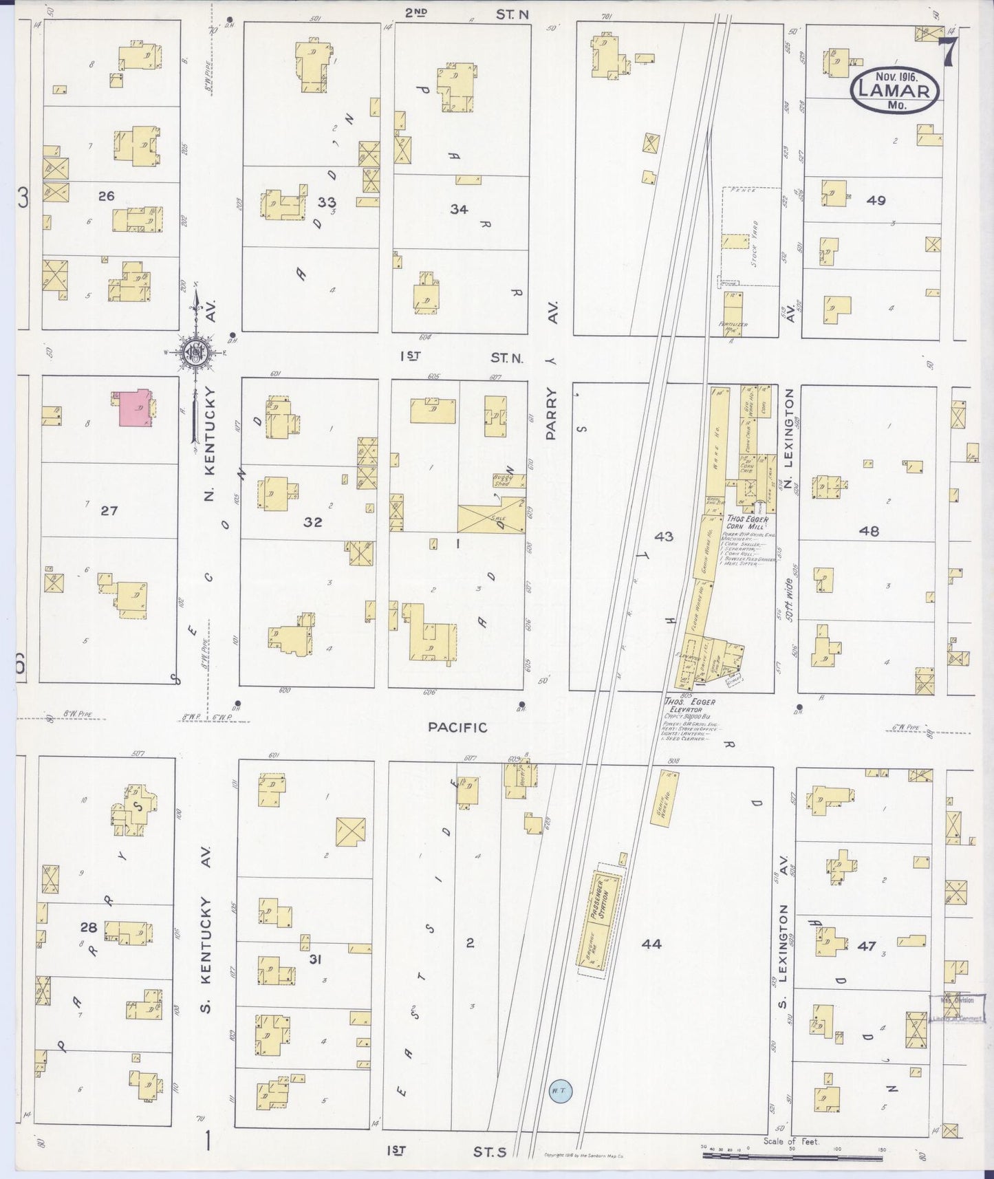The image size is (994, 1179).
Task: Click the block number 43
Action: pyautogui.click(x=664, y=537)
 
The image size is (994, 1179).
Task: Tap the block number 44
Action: pyautogui.click(x=651, y=944)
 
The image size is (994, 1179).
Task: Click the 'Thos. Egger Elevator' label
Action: pyautogui.click(x=690, y=705)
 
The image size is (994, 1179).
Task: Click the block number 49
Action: pyautogui.click(x=876, y=201)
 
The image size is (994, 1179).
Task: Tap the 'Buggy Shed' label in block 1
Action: pyautogui.click(x=505, y=479)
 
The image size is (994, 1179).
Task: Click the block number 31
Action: pyautogui.click(x=315, y=958)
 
